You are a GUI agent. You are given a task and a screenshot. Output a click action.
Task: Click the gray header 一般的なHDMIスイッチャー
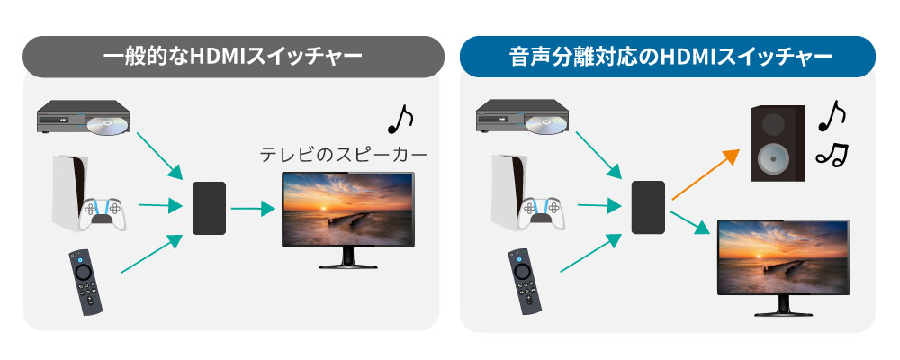(x=232, y=57)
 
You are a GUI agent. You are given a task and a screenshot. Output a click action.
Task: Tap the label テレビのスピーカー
(x=344, y=155)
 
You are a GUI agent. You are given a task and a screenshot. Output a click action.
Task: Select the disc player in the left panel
(x=83, y=118)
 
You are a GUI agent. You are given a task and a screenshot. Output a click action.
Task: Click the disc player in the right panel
(x=523, y=118)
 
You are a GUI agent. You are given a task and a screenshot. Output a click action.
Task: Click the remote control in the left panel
(x=85, y=282)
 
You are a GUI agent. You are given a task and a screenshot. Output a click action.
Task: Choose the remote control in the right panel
(x=525, y=282)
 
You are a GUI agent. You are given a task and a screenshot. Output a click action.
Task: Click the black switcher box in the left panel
(x=209, y=208)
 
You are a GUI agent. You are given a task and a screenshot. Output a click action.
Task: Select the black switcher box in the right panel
(x=648, y=207)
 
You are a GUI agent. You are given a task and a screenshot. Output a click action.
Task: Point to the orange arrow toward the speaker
(x=706, y=175)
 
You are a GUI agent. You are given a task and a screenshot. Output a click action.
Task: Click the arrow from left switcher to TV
(x=253, y=209)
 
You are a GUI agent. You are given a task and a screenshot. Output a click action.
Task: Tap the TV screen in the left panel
(x=347, y=210)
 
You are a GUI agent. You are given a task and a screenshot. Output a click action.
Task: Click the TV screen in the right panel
(x=784, y=256)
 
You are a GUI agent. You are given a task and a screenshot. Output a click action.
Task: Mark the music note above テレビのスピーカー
(x=400, y=119)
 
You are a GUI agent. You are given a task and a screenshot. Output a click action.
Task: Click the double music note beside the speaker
(x=832, y=155)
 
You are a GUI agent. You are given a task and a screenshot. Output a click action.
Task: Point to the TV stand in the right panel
(x=784, y=307)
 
